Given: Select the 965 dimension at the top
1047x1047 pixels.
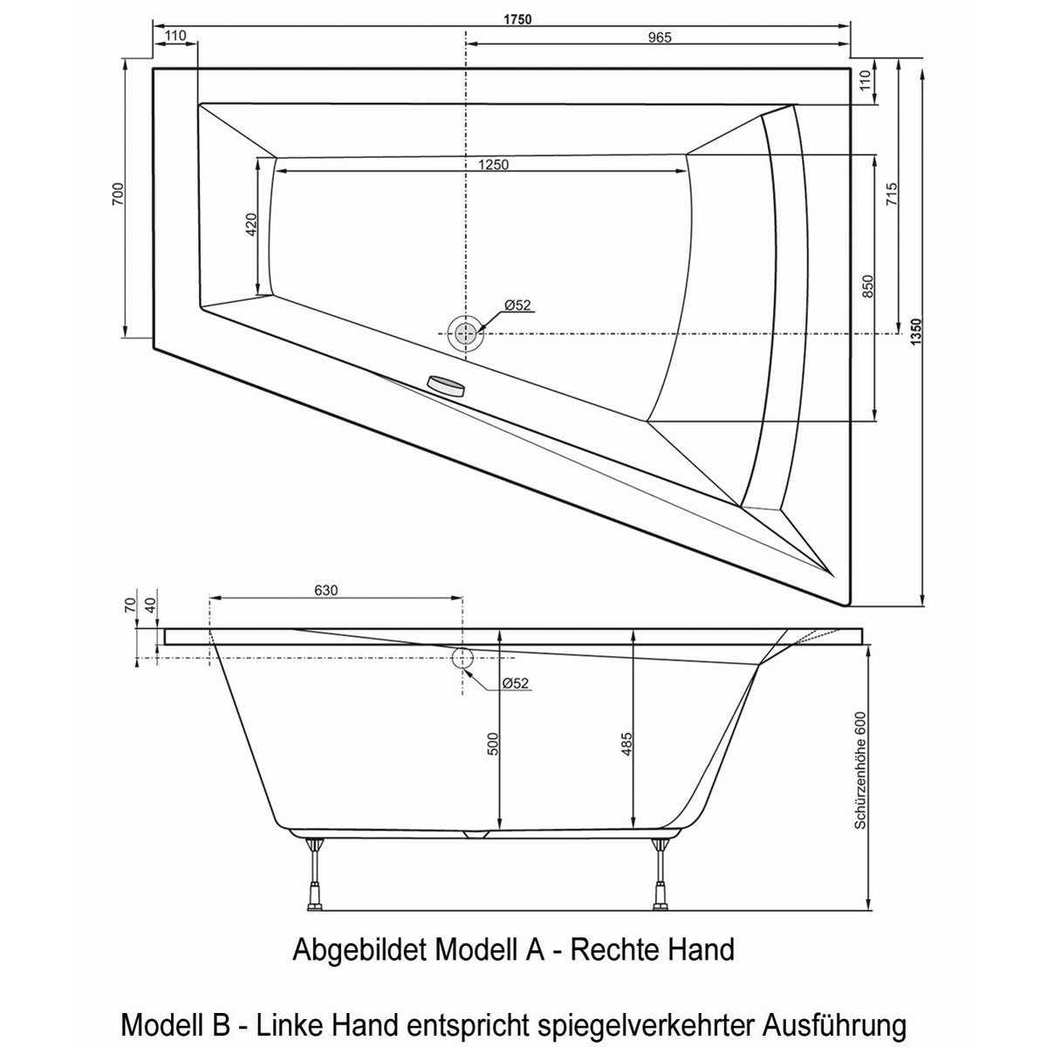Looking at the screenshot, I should coord(659,37).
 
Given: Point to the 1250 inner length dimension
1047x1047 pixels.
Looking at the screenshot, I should coord(493,164).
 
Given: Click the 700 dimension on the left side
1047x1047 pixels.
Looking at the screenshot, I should coord(117,197).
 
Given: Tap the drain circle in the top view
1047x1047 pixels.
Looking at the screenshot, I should coord(466,332).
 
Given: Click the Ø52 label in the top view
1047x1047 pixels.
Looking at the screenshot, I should coord(517,305).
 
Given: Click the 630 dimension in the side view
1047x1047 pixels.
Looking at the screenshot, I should coord(325,591).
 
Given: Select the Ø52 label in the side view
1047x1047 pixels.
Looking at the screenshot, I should coord(516,683).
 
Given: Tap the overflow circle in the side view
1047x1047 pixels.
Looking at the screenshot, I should coord(462,657).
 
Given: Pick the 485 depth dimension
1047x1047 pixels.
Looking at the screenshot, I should coord(627,742).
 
